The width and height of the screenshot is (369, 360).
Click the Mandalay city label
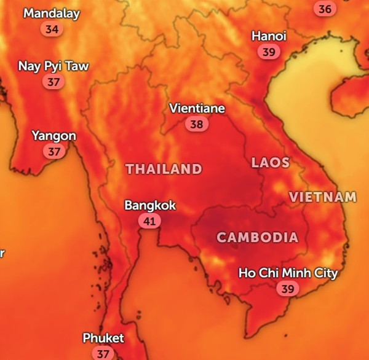tap(52, 14)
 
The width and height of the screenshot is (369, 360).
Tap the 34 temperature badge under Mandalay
tap(52, 29)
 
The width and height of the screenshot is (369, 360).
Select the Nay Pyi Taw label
tap(53, 66)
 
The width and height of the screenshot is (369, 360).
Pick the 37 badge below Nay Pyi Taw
tap(54, 82)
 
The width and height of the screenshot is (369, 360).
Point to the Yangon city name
tap(54, 136)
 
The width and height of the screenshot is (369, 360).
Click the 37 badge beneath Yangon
tap(54, 151)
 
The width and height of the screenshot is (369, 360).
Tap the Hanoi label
tap(269, 37)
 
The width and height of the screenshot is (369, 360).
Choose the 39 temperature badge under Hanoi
tap(269, 52)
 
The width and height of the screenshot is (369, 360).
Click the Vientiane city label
tap(197, 109)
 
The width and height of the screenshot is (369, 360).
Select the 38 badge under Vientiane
tap(197, 124)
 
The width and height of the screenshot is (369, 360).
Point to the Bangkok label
tap(150, 205)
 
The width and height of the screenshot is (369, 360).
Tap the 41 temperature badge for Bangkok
tap(149, 221)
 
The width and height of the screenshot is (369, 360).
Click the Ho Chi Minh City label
tap(288, 273)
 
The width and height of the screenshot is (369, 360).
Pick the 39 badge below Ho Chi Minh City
tap(287, 288)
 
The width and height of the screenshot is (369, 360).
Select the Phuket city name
tap(103, 338)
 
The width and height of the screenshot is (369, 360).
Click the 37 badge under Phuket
tap(103, 353)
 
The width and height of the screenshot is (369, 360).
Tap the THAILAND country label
tap(164, 169)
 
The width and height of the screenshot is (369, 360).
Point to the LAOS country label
tap(270, 163)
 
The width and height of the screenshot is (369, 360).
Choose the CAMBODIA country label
tap(257, 237)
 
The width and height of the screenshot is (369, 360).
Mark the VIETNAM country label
tap(322, 197)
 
